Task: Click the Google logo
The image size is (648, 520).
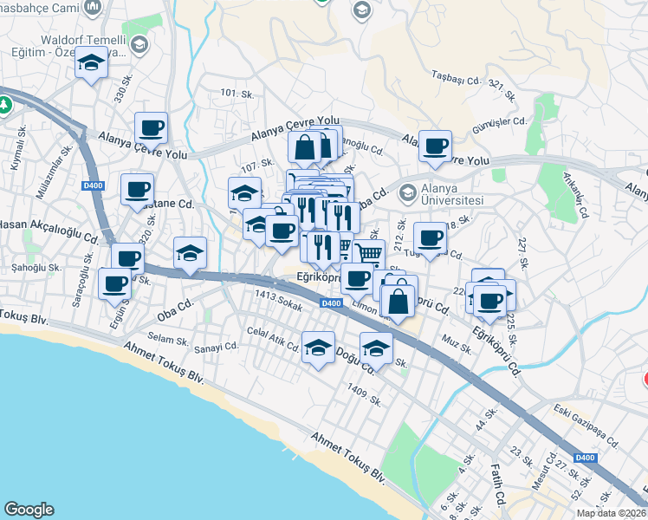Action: pos(29,510)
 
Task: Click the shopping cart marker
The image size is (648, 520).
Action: pos(368,253)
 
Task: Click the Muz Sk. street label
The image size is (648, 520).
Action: pos(457,345)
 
